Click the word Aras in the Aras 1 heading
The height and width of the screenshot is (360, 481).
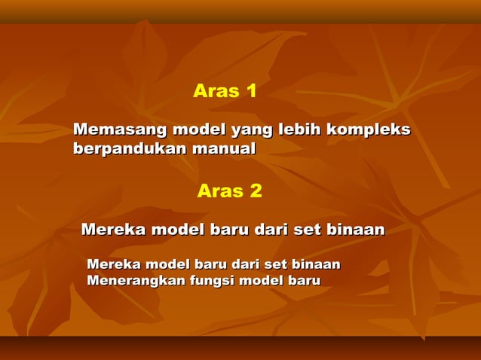pyautogui.click(x=215, y=92)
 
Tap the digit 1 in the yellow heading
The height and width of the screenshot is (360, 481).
pyautogui.click(x=251, y=92)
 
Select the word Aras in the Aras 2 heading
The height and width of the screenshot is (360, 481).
pyautogui.click(x=219, y=191)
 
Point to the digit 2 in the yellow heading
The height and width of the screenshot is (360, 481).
pyautogui.click(x=256, y=191)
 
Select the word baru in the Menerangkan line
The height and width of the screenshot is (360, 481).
pyautogui.click(x=300, y=281)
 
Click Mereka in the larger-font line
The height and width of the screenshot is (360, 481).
pyautogui.click(x=113, y=229)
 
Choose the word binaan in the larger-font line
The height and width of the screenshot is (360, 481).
pyautogui.click(x=354, y=229)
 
